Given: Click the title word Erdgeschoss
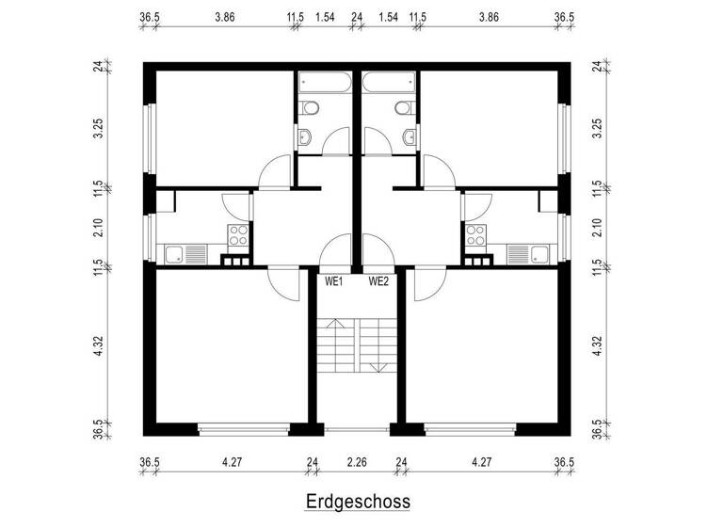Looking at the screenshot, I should point(357,502).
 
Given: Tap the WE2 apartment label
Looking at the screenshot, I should point(379,280).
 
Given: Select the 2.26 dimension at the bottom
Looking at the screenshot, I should point(357,462).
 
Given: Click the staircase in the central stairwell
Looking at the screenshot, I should point(357,346).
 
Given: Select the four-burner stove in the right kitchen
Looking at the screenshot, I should point(475,235).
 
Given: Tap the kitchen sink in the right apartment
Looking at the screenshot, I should point(528,253).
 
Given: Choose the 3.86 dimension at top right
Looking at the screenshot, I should point(489,17).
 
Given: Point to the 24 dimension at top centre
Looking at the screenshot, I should point(357,17).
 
